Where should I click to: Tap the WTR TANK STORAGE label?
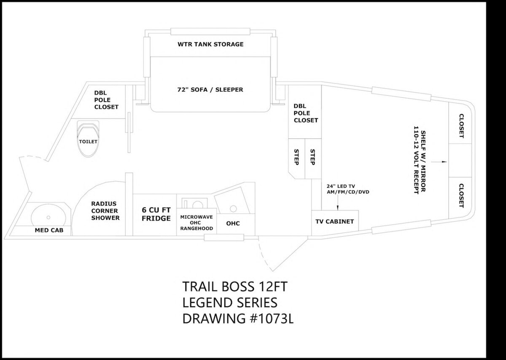coord(210,44)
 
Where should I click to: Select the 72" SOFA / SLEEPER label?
coord(210,89)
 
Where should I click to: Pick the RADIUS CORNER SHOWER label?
coord(105,211)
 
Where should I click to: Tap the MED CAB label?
coord(49,230)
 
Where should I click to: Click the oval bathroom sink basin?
coord(48,217)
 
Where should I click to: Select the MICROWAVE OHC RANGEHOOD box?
coord(197,222)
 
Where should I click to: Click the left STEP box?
coord(296,157)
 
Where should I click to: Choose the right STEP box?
coord(312,157)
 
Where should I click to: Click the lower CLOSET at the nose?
coord(461,195)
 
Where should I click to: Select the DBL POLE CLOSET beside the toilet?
coord(106,100)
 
